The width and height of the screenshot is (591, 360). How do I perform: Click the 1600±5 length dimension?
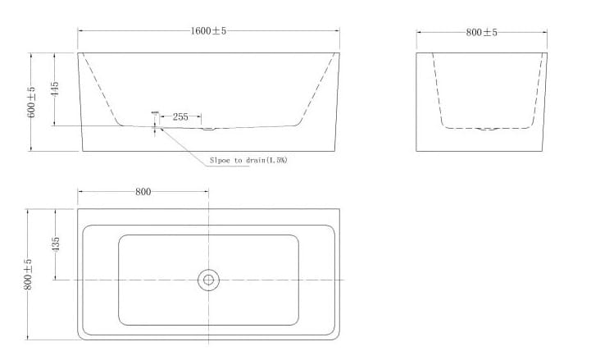pyautogui.click(x=208, y=31)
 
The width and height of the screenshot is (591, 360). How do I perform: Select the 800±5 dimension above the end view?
pyautogui.click(x=481, y=32)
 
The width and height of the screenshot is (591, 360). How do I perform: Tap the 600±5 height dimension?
pyautogui.click(x=32, y=102)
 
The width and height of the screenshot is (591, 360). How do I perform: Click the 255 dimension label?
pyautogui.click(x=180, y=117)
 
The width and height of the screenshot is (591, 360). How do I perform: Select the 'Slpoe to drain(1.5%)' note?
pyautogui.click(x=248, y=161)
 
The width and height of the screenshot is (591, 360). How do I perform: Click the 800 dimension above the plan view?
pyautogui.click(x=143, y=192)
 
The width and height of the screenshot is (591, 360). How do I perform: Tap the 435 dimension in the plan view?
pyautogui.click(x=56, y=244)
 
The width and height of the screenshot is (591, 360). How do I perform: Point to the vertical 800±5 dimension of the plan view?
pyautogui.click(x=29, y=274)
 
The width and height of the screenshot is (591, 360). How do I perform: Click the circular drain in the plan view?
pyautogui.click(x=208, y=280)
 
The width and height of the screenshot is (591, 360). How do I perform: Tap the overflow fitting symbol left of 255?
pyautogui.click(x=154, y=119)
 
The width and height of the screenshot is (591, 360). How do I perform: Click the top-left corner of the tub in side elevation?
pyautogui.click(x=79, y=53)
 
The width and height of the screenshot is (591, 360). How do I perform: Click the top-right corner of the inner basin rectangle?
pyautogui.click(x=297, y=237)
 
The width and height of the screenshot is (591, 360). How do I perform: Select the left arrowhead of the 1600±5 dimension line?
pyautogui.click(x=80, y=31)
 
